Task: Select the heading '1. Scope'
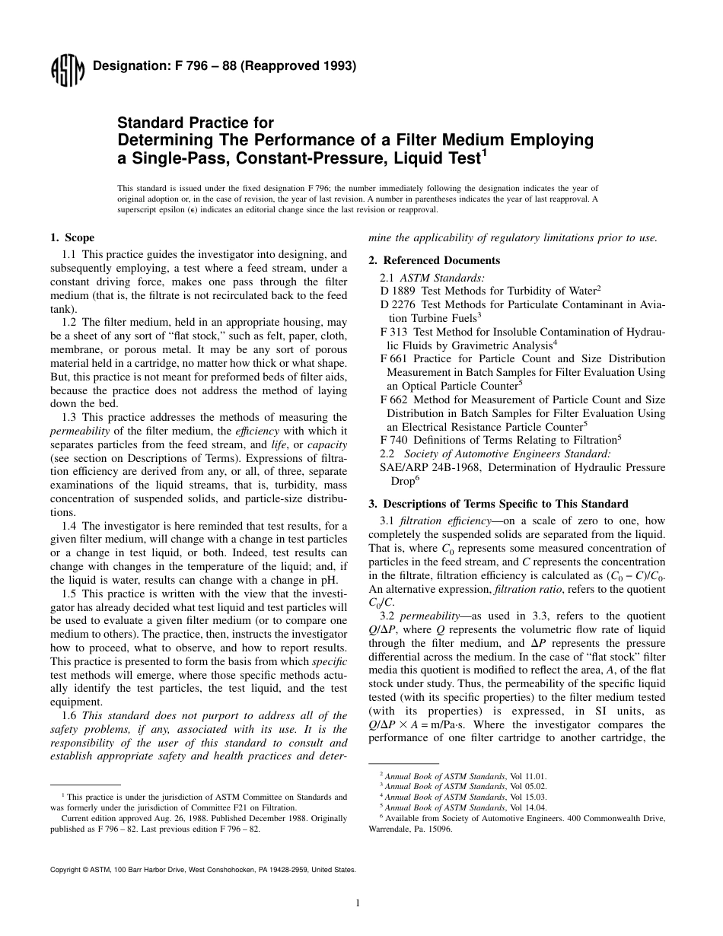pos(72,238)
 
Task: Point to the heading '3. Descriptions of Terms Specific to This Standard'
pos(498,504)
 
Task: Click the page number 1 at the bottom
pos(357,903)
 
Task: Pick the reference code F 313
pos(393,332)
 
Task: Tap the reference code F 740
pos(393,440)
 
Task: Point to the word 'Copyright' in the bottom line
pos(66,869)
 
